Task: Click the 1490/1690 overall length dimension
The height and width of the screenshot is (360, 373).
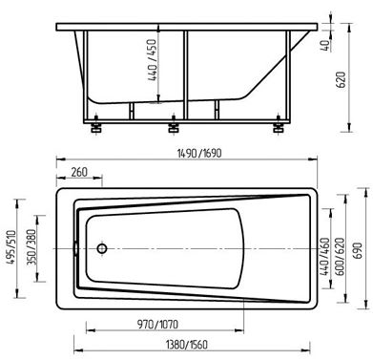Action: tap(199, 154)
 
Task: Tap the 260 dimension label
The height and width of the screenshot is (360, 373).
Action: tap(79, 172)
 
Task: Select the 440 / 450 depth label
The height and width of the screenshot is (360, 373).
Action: tap(153, 60)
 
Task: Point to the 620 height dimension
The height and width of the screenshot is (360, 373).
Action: tap(341, 80)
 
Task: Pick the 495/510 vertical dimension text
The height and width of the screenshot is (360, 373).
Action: tap(11, 247)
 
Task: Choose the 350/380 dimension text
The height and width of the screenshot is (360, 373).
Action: tap(32, 247)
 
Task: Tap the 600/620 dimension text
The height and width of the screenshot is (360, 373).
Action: tap(340, 256)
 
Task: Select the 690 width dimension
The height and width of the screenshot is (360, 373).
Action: tap(359, 250)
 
